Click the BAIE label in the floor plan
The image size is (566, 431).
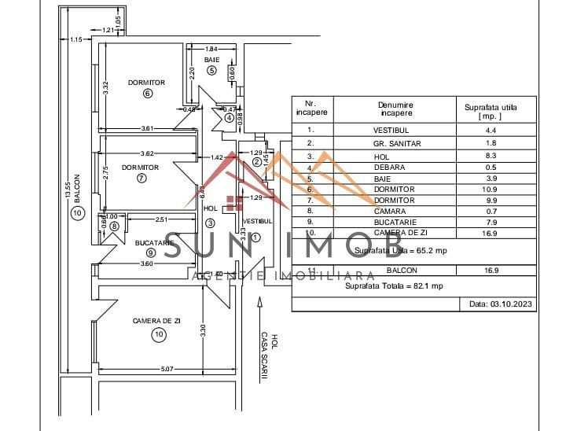pos(211,60)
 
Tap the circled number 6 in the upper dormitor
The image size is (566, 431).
pos(147,94)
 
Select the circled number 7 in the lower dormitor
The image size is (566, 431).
pos(141,178)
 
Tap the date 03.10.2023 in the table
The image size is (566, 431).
pos(501,303)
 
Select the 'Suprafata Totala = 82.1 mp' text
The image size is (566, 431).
pos(394,286)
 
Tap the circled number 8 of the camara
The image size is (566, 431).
pos(115,227)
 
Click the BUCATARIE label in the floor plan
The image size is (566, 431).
pos(153,242)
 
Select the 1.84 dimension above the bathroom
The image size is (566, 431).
pos(212,48)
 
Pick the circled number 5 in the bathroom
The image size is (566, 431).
pos(211,71)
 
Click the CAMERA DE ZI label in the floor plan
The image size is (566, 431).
pos(156,321)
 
